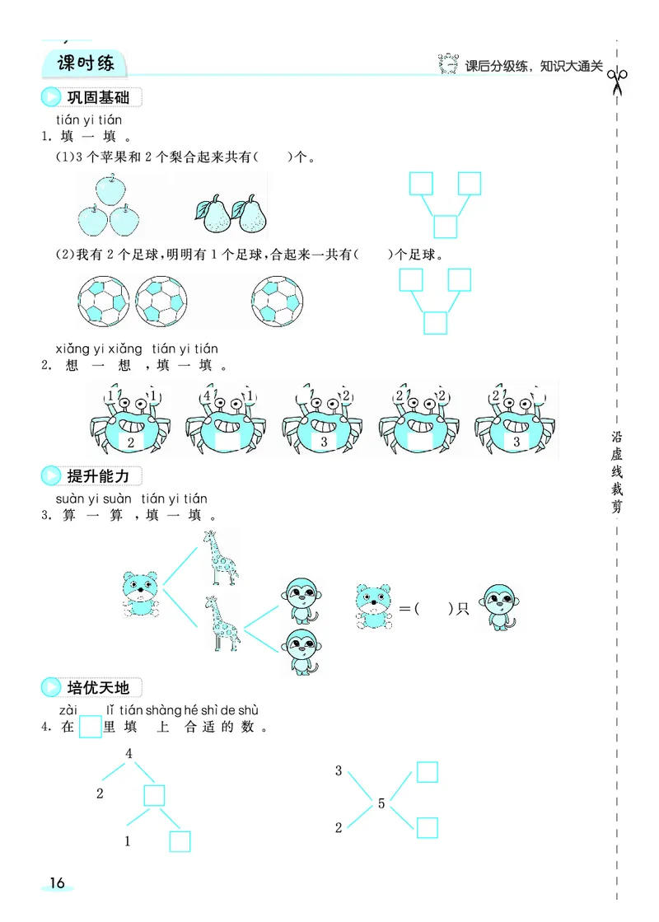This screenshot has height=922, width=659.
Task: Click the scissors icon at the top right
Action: point(617,81)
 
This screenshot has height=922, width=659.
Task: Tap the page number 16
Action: point(56,882)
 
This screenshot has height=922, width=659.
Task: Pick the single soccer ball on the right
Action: point(278,302)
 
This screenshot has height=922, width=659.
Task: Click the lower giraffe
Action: point(222,623)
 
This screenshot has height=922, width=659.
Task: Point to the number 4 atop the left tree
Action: point(129,753)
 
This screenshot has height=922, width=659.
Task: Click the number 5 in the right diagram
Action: point(381,803)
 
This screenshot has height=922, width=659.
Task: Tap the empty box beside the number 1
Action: point(180,840)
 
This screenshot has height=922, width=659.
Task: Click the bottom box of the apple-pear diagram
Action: point(445,226)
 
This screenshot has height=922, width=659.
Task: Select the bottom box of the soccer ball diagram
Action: point(435,323)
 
